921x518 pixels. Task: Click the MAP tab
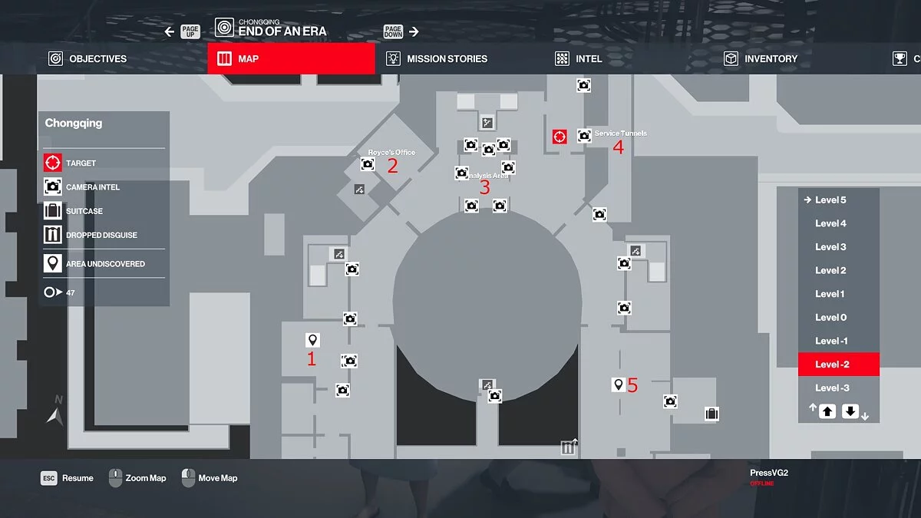point(291,58)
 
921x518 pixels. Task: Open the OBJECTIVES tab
point(87,58)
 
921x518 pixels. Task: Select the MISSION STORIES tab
point(437,58)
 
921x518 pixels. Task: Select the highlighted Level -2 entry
point(832,365)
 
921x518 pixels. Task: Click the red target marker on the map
point(560,137)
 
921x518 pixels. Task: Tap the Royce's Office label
point(391,153)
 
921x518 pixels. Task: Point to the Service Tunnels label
point(620,134)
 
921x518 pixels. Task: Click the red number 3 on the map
point(484,187)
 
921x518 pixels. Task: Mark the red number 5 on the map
point(632,385)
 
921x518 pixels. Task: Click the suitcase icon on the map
point(711,414)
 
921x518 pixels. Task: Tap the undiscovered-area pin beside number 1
point(312,340)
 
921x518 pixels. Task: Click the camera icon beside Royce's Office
point(368,164)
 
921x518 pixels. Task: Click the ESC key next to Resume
point(49,478)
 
